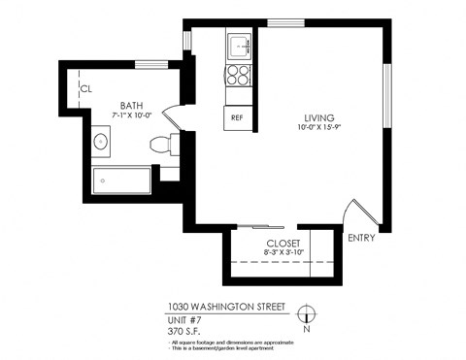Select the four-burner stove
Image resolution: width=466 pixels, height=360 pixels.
tap(239, 76)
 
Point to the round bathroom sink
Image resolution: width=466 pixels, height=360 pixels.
tap(100, 142)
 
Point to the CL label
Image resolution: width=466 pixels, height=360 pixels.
tap(85, 88)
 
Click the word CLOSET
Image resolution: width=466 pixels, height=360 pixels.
tap(283, 243)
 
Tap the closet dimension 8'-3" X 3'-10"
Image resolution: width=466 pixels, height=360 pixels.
tap(283, 252)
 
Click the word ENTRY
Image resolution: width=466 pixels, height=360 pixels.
tap(360, 238)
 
